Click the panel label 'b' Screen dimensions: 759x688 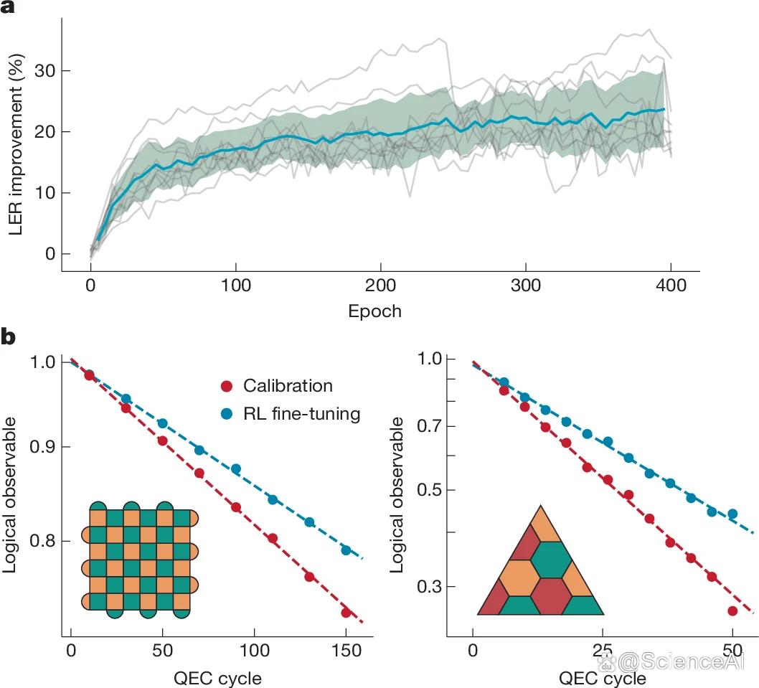click(x=8, y=336)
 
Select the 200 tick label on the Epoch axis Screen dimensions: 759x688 click(x=380, y=286)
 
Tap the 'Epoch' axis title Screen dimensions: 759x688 click(x=374, y=311)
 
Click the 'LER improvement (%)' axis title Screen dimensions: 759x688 click(x=16, y=145)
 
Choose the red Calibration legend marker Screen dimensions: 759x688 click(x=227, y=386)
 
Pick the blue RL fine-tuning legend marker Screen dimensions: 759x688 click(x=227, y=414)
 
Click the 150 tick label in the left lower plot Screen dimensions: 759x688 click(x=346, y=650)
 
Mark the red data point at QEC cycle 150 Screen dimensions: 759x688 click(x=346, y=613)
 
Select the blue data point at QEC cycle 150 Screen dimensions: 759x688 click(x=346, y=550)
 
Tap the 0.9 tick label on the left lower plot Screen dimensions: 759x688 click(x=42, y=446)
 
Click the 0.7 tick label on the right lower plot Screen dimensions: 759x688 click(x=430, y=426)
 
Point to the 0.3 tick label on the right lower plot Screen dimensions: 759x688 click(x=430, y=586)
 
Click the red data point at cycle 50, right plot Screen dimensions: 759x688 click(x=732, y=611)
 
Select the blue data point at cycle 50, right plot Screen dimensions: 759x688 click(x=732, y=514)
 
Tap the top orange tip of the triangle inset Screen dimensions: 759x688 click(x=541, y=506)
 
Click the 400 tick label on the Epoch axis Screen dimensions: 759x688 click(x=671, y=286)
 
